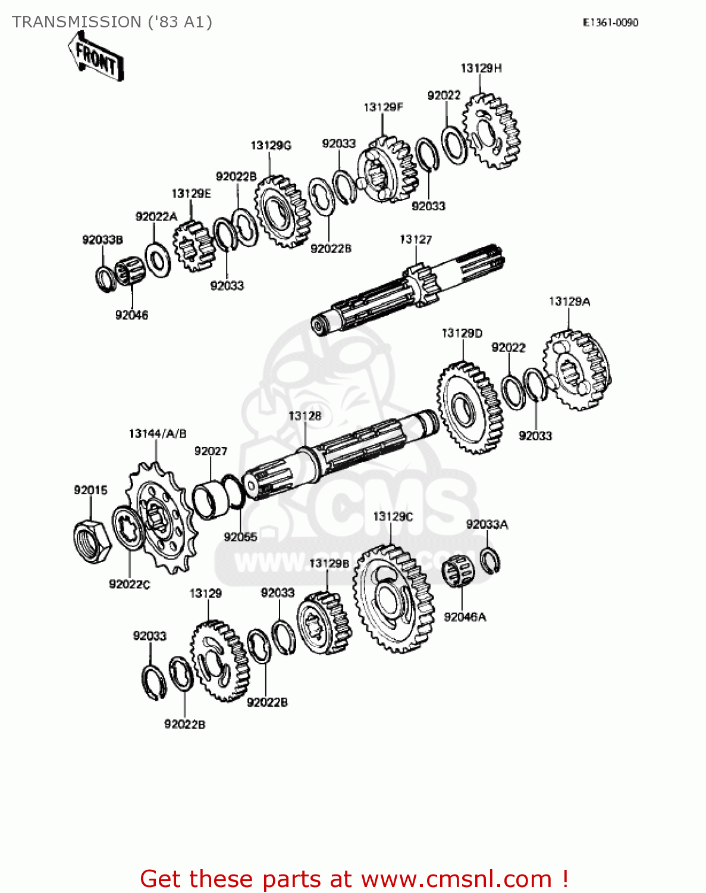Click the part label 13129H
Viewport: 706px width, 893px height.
click(481, 68)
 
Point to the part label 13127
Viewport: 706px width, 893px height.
click(415, 239)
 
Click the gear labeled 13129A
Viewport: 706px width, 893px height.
click(577, 371)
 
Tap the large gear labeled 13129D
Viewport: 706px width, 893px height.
click(470, 408)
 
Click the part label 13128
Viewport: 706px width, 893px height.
click(305, 416)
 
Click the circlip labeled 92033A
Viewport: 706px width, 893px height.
click(490, 561)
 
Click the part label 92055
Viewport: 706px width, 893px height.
click(240, 537)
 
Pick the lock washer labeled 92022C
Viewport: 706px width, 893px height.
click(128, 527)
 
